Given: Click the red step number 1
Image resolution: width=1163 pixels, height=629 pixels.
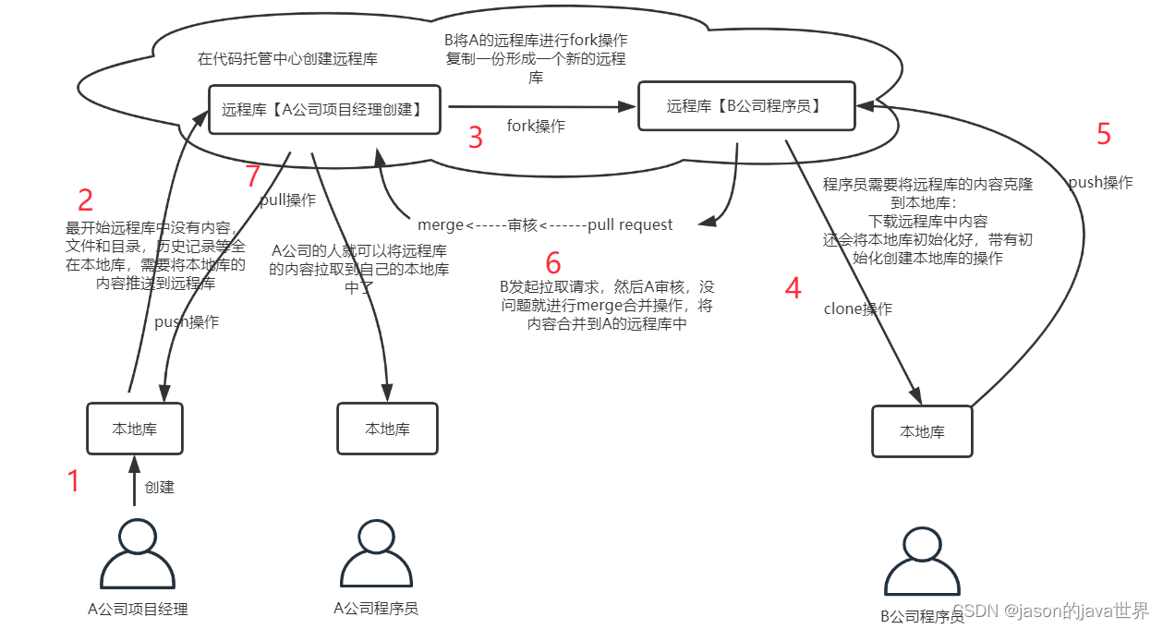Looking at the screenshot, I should click(x=74, y=481).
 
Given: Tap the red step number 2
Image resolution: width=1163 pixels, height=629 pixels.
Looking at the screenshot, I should click(x=85, y=200).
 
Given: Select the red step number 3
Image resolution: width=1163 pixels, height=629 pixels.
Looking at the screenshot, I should click(x=476, y=139).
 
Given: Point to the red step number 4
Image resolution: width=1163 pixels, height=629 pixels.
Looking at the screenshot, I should click(x=793, y=288).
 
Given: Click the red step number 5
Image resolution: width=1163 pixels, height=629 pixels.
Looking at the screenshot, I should click(x=1103, y=135).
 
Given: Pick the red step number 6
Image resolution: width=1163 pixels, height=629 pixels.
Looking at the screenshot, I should click(x=553, y=263).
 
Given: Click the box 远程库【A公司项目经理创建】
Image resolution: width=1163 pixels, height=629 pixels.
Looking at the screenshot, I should click(x=324, y=110).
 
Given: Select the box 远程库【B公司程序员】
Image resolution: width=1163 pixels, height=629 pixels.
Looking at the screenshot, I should click(x=745, y=106).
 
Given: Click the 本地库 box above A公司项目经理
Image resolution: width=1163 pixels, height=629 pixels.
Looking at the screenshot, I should click(x=135, y=429).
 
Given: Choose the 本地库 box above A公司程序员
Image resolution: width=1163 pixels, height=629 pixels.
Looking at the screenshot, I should click(x=387, y=429).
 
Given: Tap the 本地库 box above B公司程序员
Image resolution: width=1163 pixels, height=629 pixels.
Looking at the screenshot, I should click(x=922, y=431).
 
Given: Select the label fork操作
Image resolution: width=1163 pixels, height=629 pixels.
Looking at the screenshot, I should click(x=536, y=127).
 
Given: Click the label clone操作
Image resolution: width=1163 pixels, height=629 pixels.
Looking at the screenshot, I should click(x=858, y=309).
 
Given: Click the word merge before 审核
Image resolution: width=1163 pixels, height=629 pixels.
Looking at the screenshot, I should click(x=441, y=224).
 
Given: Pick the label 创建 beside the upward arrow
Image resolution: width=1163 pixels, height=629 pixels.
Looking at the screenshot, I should click(x=160, y=487).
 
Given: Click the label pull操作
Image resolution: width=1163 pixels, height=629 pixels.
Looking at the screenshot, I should click(x=287, y=200).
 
